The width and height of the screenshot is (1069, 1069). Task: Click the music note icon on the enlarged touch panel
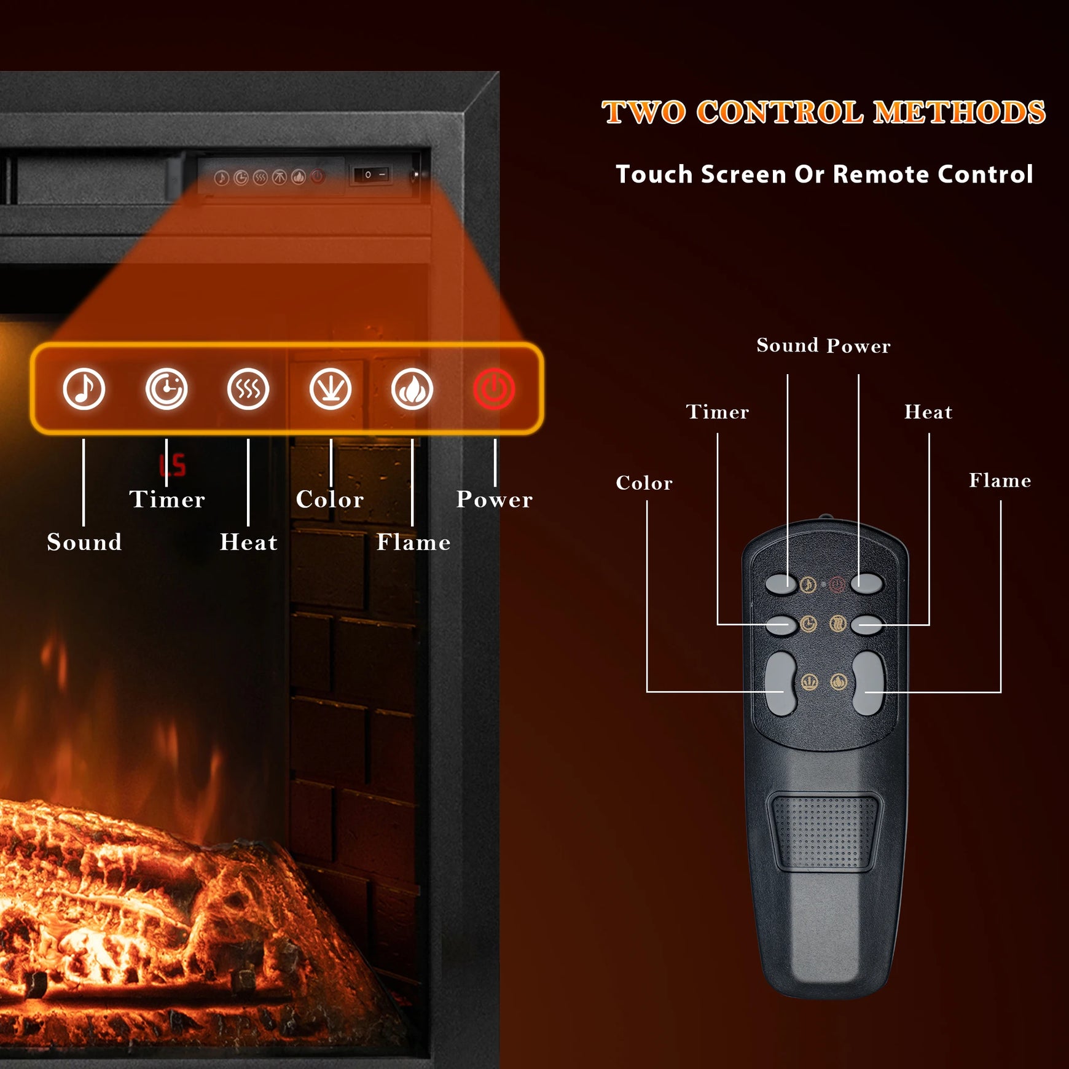coord(84,389)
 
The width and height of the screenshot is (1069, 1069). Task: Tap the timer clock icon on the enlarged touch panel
coord(166,389)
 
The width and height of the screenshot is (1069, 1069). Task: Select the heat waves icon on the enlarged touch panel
coord(248,389)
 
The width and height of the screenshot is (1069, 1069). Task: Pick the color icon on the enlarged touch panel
coord(331,389)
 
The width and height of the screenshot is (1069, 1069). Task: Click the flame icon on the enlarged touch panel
coord(412,389)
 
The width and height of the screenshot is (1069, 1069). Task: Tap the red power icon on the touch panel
coord(494,389)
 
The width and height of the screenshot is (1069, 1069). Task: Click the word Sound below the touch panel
coord(84,542)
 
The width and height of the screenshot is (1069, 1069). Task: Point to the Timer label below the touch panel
coord(167,499)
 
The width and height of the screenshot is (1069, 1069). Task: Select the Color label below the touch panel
coord(330,499)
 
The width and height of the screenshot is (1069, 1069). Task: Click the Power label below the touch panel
coord(495,499)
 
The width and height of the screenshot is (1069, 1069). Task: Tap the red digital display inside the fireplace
coord(173,465)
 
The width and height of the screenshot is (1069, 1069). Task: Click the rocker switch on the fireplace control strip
coord(372,175)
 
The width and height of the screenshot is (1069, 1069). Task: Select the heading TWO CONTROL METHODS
coord(823,112)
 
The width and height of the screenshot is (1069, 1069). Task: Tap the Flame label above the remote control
coord(1000,480)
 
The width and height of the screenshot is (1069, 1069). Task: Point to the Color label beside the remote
coord(644,483)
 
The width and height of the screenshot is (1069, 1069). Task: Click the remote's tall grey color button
coord(781,683)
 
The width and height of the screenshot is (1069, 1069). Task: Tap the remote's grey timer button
coord(781,625)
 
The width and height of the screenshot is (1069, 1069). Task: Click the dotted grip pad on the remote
coord(824,831)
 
